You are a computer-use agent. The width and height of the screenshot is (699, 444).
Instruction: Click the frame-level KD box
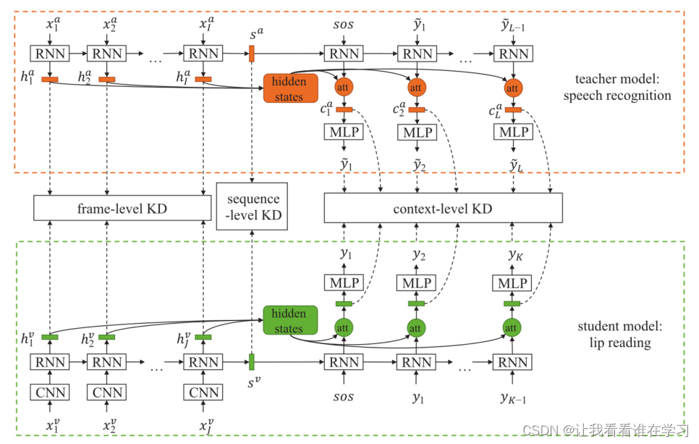click(122, 208)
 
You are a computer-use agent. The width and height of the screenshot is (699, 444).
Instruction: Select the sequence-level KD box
click(252, 206)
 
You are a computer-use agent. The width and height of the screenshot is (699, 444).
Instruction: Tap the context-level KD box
click(443, 208)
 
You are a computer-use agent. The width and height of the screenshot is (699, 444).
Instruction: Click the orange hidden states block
click(291, 88)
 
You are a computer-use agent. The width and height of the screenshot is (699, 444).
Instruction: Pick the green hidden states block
click(290, 320)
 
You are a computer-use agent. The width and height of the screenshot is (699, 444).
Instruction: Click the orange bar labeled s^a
click(252, 54)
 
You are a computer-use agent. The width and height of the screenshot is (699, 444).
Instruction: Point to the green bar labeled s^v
click(251, 362)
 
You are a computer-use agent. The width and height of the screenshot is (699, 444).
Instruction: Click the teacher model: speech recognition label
click(617, 87)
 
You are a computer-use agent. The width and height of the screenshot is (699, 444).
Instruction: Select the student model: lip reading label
click(620, 334)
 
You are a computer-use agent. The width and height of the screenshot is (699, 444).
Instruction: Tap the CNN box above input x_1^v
click(50, 393)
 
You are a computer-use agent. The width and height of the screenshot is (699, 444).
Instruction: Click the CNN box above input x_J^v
click(203, 393)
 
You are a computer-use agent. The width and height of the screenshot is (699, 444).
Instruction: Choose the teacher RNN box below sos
click(344, 54)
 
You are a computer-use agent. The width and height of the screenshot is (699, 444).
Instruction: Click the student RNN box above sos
click(344, 362)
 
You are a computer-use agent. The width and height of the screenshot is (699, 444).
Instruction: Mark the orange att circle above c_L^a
click(512, 88)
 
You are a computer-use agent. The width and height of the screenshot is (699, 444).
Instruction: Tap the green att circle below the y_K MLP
click(512, 328)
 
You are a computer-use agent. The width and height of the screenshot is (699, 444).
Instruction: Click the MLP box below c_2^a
click(417, 132)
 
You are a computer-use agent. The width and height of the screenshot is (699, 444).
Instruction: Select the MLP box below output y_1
click(344, 282)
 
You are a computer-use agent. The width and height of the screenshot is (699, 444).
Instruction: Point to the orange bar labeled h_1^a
click(50, 80)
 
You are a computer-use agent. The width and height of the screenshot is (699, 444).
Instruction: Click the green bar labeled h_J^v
click(203, 338)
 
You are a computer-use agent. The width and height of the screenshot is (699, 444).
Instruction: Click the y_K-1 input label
click(513, 398)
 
